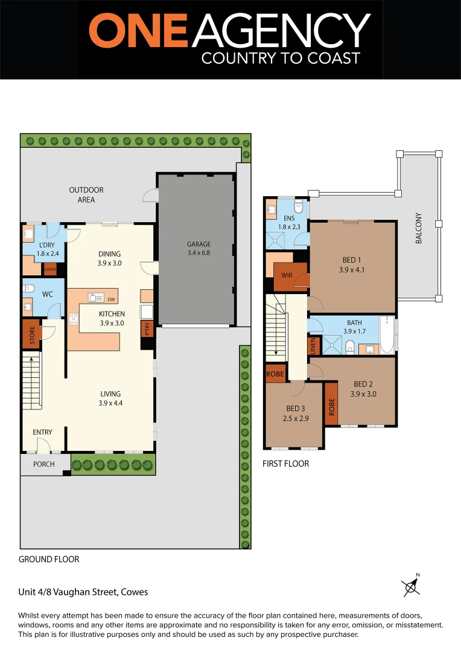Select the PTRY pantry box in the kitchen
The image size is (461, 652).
(147, 328)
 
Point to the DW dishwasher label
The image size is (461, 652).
(110, 299)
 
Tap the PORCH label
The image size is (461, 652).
(44, 464)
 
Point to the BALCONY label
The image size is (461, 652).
(419, 229)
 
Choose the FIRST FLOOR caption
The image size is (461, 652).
(285, 464)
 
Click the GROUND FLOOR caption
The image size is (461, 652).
(49, 559)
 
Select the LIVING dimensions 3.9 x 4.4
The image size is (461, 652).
(110, 403)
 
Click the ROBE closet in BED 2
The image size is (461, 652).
(331, 403)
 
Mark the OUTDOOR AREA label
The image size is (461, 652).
(86, 194)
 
